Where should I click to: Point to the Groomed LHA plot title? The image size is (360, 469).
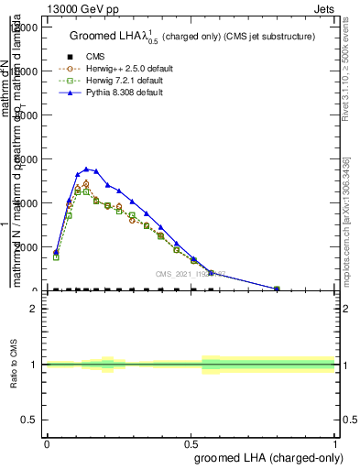(x=192, y=37)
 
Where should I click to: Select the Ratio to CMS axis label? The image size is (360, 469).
(x=16, y=365)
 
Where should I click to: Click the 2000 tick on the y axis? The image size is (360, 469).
(x=24, y=247)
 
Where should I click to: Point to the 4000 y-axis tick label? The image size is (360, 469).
(x=24, y=203)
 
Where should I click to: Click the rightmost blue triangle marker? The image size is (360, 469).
(x=277, y=289)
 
